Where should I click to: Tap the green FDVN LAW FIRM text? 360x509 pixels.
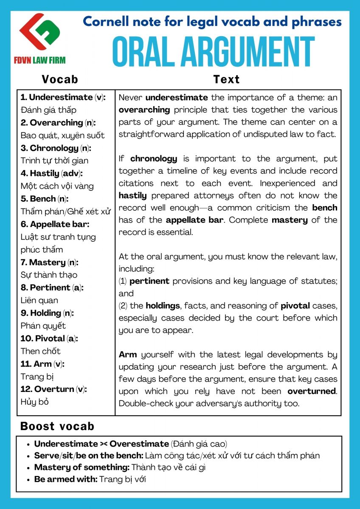(41, 60)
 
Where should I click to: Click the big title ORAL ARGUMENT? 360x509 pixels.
(213, 52)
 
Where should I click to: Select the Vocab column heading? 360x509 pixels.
(60, 79)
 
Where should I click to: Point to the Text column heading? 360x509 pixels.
(226, 79)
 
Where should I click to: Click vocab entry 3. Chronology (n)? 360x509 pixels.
(56, 148)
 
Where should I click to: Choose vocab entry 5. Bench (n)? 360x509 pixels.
(44, 199)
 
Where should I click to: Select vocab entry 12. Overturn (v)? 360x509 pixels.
(54, 389)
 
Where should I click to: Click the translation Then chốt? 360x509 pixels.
(41, 351)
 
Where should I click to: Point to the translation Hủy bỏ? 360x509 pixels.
(35, 402)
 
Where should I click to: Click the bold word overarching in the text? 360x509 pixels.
(144, 110)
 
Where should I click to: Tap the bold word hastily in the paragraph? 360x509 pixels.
(132, 196)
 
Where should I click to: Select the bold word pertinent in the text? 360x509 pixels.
(149, 281)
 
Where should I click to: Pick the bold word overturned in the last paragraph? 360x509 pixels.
(312, 391)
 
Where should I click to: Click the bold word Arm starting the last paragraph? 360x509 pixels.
(127, 354)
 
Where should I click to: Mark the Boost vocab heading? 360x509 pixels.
(57, 426)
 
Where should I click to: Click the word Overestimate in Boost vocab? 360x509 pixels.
(139, 444)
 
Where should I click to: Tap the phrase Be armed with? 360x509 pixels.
(66, 479)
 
